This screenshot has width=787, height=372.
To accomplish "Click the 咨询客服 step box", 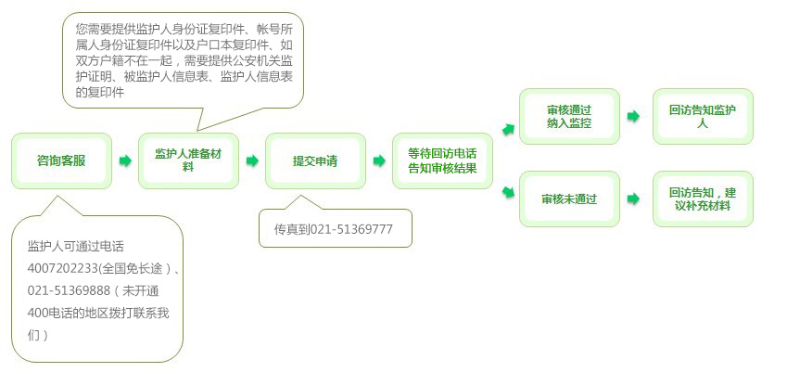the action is point(61,160).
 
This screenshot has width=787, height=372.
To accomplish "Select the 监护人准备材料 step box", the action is point(188,160).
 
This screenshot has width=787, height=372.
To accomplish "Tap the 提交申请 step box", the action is point(315,160).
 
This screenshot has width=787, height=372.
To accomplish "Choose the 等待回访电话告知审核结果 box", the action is point(442,160).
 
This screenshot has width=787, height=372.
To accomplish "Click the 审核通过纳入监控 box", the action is point(569,117).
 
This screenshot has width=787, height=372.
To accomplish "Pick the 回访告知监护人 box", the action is point(703,117).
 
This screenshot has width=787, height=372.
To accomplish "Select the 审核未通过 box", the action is point(569,199).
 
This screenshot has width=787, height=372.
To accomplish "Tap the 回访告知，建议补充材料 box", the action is point(703,199).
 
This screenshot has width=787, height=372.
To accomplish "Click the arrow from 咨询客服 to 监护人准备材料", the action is point(125,160).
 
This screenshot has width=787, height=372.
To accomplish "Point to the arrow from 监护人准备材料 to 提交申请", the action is point(252,160).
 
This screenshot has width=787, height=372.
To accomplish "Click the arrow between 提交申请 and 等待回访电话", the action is point(379,160).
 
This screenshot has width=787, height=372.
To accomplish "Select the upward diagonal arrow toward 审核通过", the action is point(508,130).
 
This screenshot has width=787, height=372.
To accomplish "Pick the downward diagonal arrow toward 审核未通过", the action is point(508,192).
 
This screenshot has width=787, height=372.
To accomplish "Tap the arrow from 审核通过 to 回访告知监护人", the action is point(633,117).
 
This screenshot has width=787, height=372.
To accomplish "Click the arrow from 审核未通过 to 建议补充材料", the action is point(633,199).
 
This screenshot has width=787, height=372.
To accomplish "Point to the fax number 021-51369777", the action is point(351,230).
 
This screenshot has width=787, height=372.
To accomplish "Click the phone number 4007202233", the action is point(63,269).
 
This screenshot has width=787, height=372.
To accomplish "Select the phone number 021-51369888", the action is point(64,291).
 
